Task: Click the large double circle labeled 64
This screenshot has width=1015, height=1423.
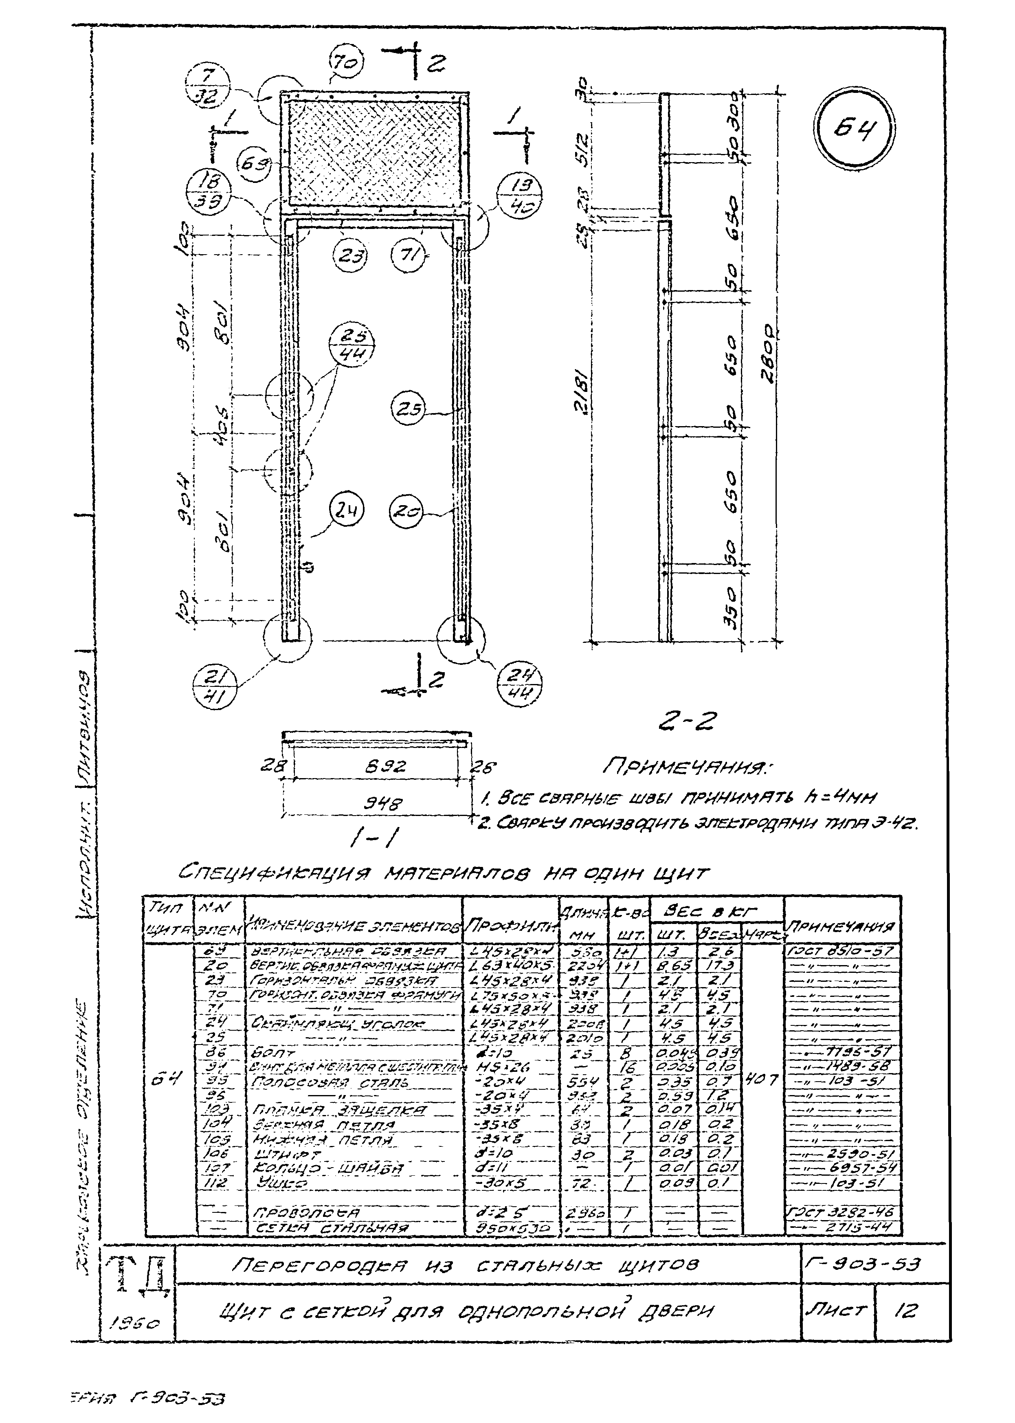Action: (x=855, y=130)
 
